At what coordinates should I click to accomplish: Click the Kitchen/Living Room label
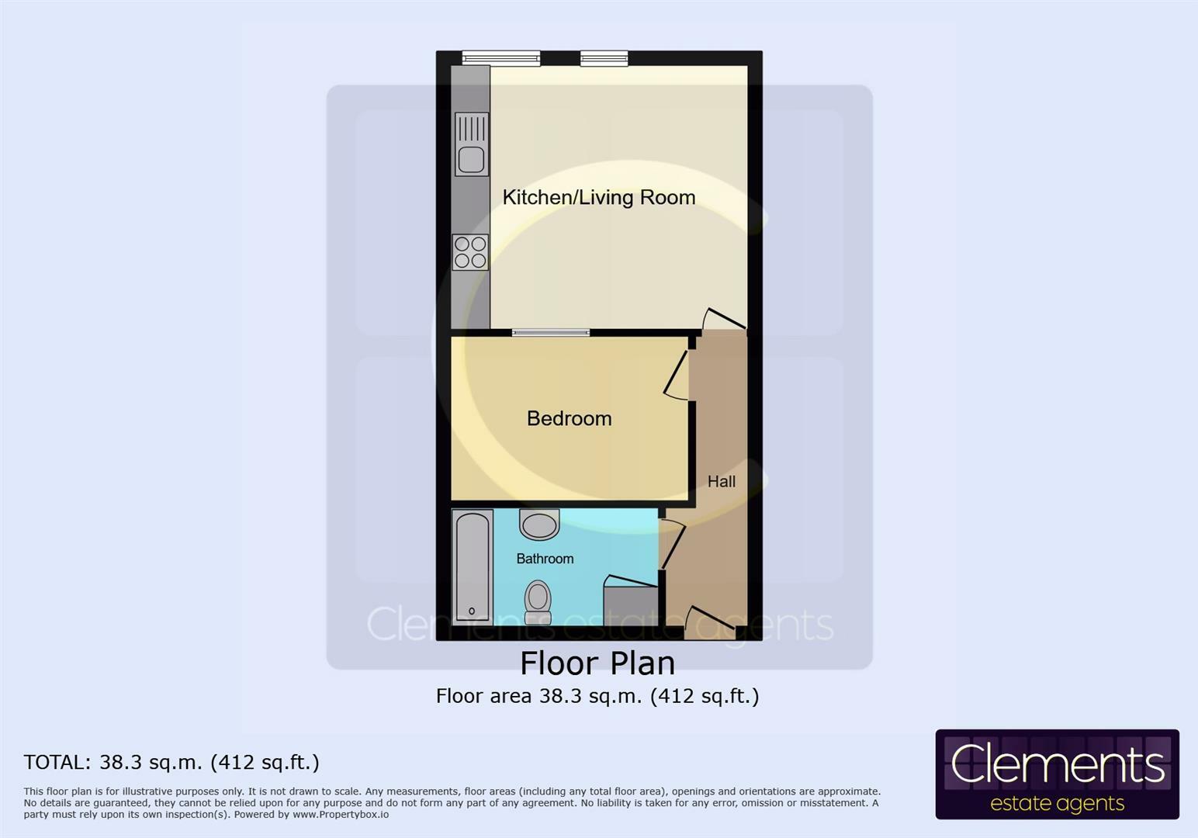598,197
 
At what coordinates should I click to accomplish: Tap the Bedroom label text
569,418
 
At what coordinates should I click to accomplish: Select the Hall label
721,481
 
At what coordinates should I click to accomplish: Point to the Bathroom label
545,559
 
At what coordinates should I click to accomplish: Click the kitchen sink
472,144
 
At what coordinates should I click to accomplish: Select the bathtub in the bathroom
472,566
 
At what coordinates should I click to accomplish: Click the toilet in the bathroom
537,602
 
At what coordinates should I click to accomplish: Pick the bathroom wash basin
539,525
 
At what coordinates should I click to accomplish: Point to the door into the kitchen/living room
723,319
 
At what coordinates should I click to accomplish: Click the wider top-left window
500,57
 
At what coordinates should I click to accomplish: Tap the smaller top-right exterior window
604,57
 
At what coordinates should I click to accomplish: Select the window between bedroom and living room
550,333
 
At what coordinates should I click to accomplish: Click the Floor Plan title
597,663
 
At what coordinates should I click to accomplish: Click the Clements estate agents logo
1057,774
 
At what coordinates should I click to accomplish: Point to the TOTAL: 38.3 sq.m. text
171,763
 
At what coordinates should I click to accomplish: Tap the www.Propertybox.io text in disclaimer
341,815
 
